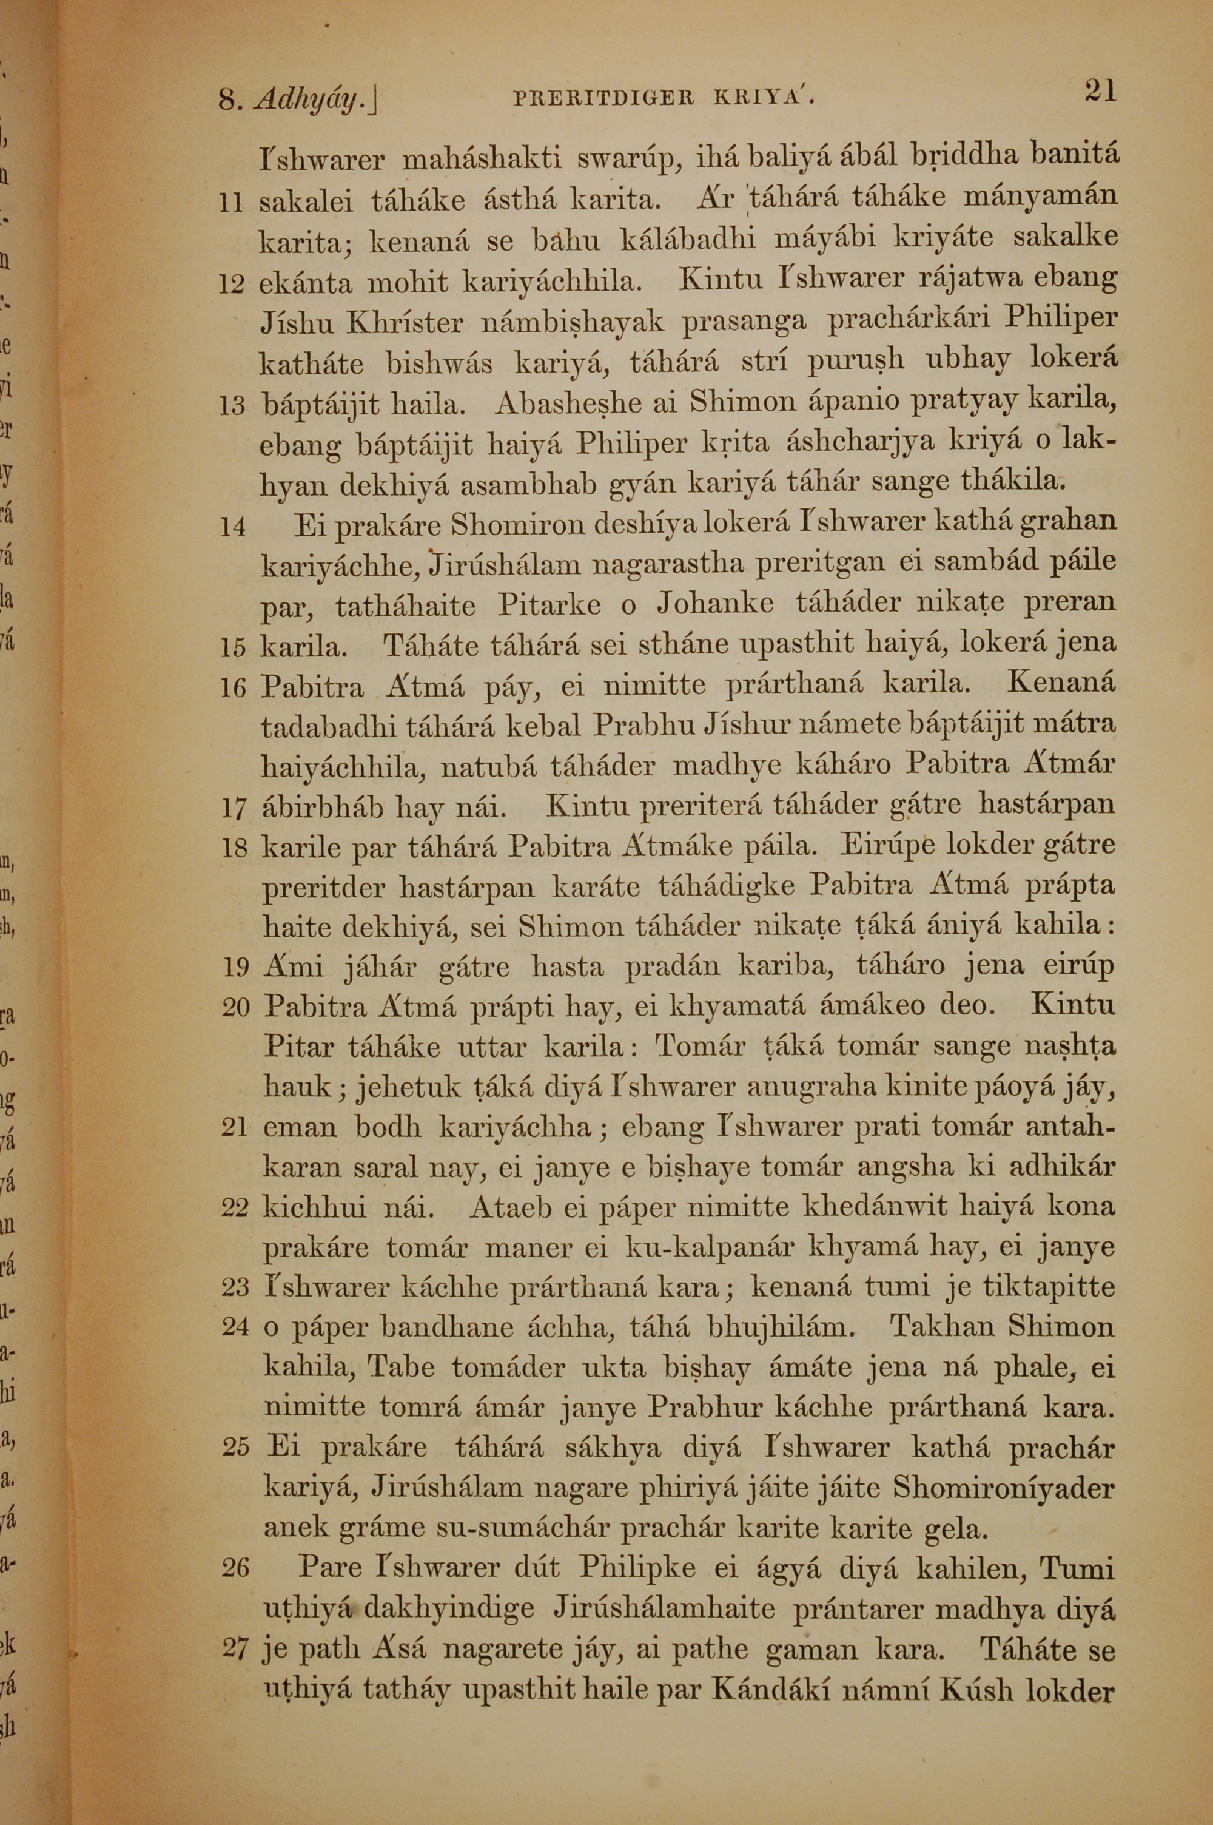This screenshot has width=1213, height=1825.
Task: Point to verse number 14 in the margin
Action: coord(232,528)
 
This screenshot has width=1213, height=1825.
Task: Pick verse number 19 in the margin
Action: coord(234,968)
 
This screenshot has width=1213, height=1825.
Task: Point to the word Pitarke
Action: coord(549,604)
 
